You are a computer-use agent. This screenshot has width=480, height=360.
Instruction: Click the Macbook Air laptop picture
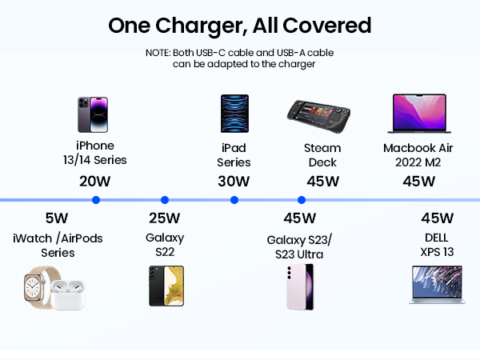(420, 114)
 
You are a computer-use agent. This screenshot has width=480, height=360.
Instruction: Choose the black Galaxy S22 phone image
(166, 286)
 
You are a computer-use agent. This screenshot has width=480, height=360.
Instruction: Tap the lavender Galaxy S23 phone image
(300, 286)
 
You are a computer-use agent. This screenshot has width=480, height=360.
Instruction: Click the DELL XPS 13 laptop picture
(437, 286)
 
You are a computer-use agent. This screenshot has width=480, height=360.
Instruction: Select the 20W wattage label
(95, 181)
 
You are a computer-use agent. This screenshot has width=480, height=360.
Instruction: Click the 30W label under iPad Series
(234, 181)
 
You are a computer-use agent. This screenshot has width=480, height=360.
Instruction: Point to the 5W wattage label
(56, 218)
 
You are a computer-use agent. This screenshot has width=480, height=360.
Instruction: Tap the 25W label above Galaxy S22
(165, 218)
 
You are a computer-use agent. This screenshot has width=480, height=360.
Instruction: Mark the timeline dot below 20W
(96, 200)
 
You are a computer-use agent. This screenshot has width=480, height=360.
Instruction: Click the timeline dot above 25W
(165, 200)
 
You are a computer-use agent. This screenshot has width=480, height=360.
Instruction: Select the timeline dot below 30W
(234, 200)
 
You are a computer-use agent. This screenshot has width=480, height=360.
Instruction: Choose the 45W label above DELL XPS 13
(437, 218)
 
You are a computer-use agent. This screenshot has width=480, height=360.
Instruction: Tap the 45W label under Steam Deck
(322, 181)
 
